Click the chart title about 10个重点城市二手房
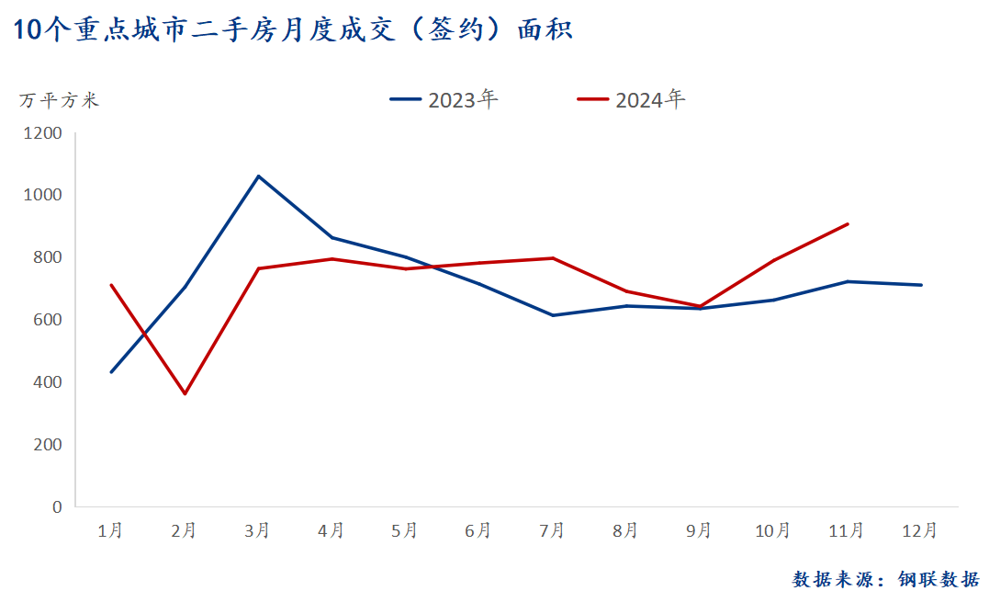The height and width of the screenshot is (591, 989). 294,29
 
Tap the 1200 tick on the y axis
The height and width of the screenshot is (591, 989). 43,133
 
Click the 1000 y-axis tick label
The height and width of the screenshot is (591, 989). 43,195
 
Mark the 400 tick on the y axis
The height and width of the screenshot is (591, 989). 47,382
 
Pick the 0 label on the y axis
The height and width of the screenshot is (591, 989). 57,506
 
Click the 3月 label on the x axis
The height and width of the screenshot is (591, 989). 257,530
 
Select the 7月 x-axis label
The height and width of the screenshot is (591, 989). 552,530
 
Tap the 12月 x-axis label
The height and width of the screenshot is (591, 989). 920,530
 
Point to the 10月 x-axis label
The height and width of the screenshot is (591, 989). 772,530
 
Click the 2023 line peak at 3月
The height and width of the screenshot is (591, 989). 258,176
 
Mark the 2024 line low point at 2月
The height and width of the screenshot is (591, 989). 185,394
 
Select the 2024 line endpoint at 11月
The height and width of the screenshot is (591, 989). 847,224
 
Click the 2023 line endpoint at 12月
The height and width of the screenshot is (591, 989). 920,285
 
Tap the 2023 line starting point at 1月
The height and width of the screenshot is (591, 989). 111,372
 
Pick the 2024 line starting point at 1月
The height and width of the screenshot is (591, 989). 111,285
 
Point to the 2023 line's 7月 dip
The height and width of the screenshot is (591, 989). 553,315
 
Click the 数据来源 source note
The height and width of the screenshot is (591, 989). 885,578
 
